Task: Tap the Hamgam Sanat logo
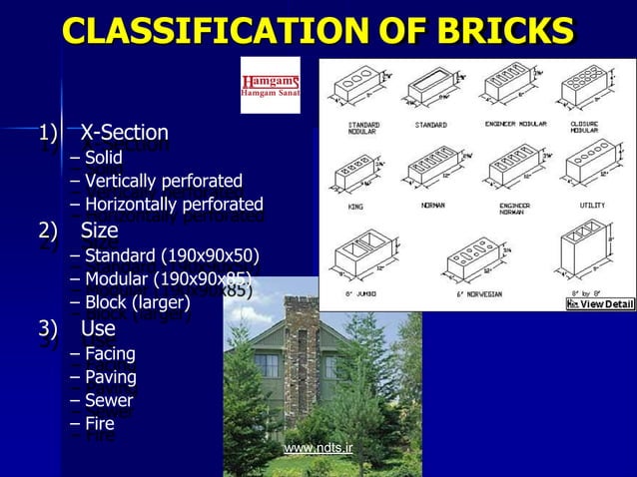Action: coord(270,86)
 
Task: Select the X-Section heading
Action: coord(124,133)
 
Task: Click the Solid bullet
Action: coord(103,157)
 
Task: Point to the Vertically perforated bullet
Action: coord(163,181)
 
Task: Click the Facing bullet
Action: coord(110,353)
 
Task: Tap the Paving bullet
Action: coord(110,377)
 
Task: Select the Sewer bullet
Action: coord(109,401)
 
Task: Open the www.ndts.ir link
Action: coord(318,448)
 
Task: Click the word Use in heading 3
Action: coord(98,328)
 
